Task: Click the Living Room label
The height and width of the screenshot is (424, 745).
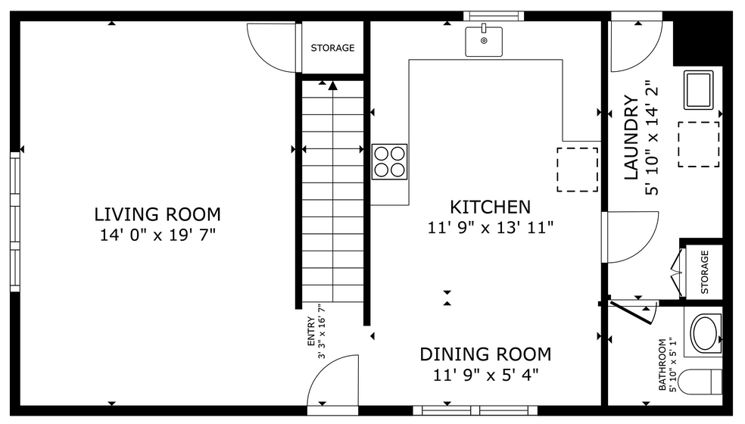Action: [x=157, y=214]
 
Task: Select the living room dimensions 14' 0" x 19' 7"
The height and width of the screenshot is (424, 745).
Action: [x=157, y=235]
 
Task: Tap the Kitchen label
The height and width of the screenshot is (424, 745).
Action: [x=490, y=207]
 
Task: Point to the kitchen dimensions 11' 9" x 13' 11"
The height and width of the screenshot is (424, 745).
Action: [x=490, y=226]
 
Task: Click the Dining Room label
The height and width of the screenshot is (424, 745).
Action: [x=485, y=354]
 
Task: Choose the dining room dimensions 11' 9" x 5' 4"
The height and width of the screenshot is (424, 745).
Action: [x=485, y=374]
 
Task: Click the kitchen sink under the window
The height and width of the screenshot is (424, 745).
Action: [x=484, y=40]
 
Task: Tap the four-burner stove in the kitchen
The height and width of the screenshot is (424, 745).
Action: [x=389, y=161]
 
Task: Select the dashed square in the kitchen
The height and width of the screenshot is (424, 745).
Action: [x=577, y=169]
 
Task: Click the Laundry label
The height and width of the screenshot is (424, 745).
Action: [x=631, y=137]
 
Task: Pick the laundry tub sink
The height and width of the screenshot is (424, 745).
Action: [x=698, y=89]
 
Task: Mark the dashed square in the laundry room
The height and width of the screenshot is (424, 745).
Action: [x=698, y=144]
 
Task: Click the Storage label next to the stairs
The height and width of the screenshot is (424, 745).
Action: [x=332, y=48]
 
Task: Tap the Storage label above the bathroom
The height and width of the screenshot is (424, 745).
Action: [x=705, y=273]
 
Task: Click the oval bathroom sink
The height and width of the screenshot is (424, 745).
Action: [x=706, y=333]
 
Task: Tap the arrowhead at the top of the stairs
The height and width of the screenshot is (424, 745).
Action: [x=332, y=85]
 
